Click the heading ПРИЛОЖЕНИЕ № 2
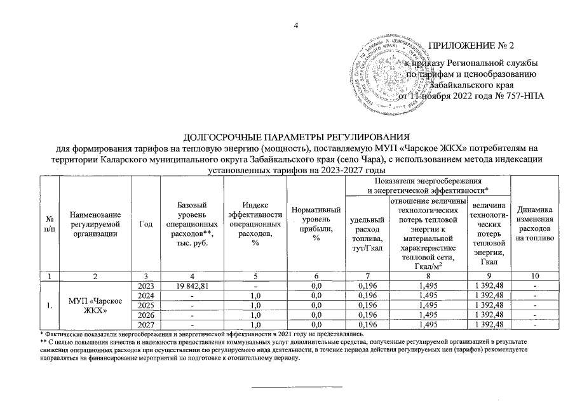pos(471,46)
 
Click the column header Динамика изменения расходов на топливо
pos(535,224)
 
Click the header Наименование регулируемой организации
pos(95,224)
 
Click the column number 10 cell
pos(535,276)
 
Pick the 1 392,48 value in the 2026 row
pos(488,315)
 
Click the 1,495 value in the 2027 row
pos(426,325)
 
